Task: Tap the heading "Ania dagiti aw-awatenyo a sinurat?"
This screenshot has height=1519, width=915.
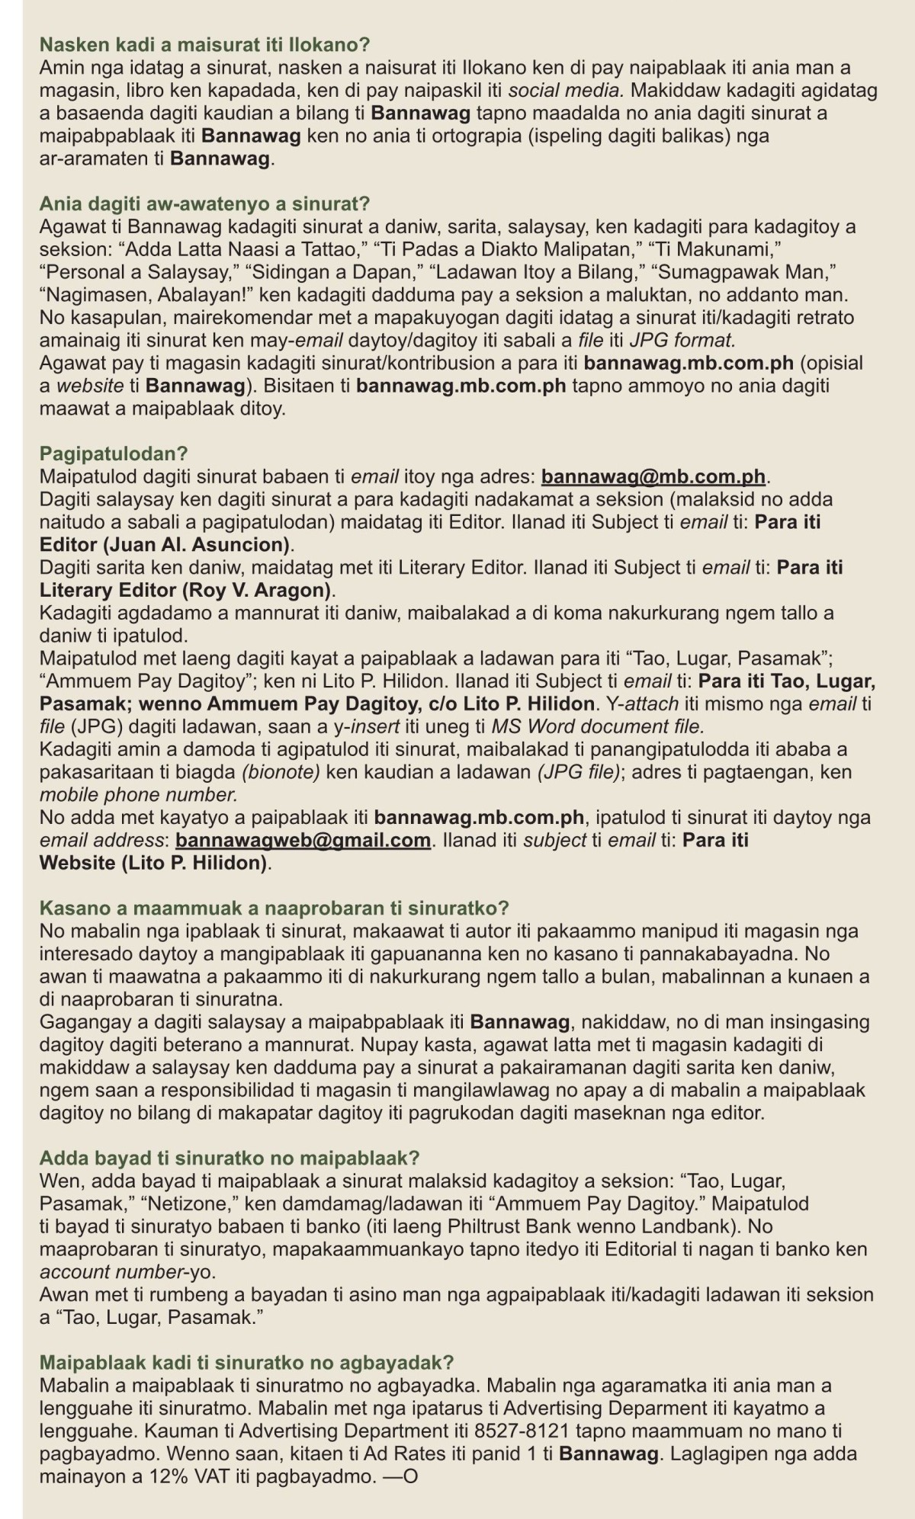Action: (204, 204)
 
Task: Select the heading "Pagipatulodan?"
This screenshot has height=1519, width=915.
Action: (113, 454)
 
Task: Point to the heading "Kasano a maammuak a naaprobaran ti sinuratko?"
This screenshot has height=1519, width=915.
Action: (274, 909)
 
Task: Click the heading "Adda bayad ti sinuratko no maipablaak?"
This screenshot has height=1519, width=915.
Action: (230, 1158)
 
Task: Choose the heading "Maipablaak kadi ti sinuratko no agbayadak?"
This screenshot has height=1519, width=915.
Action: (246, 1363)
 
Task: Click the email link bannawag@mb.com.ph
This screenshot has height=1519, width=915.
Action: (653, 477)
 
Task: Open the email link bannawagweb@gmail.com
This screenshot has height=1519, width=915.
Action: (303, 841)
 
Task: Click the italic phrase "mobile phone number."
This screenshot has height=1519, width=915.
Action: (138, 795)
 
